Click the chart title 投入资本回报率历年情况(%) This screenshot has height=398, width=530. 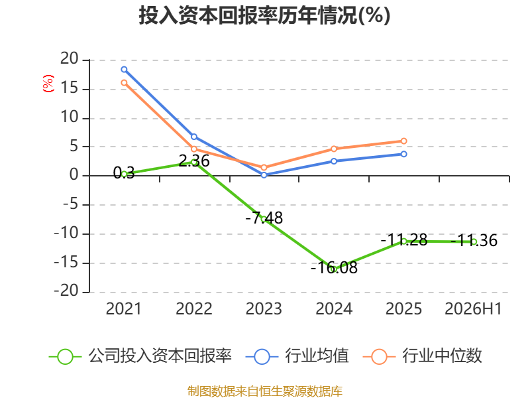tap(264, 15)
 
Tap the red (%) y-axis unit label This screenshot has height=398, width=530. tap(48, 84)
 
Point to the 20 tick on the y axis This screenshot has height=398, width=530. tap(70, 59)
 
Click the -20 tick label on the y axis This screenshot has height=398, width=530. tap(66, 291)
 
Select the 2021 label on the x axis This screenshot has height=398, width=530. tap(123, 309)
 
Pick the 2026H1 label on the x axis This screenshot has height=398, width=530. tap(473, 309)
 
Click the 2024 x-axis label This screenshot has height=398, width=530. tap(334, 309)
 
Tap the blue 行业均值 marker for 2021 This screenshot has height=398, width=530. tap(124, 70)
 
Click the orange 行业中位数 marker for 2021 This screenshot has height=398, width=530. tap(124, 82)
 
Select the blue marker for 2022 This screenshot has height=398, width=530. tap(194, 137)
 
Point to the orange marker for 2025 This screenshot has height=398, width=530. tap(403, 141)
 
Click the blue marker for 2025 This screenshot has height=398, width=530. tap(403, 154)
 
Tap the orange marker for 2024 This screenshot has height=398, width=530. tap(334, 149)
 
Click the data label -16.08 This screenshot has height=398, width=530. tap(334, 268)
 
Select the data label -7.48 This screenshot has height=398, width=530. tap(264, 218)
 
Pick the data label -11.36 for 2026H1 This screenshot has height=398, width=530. tap(474, 241)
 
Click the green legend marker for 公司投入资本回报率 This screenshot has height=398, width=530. tap(65, 357)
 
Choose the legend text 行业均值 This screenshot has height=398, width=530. tap(317, 356)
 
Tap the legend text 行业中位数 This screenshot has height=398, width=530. tap(442, 356)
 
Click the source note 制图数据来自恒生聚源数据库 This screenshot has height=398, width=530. tap(265, 391)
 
